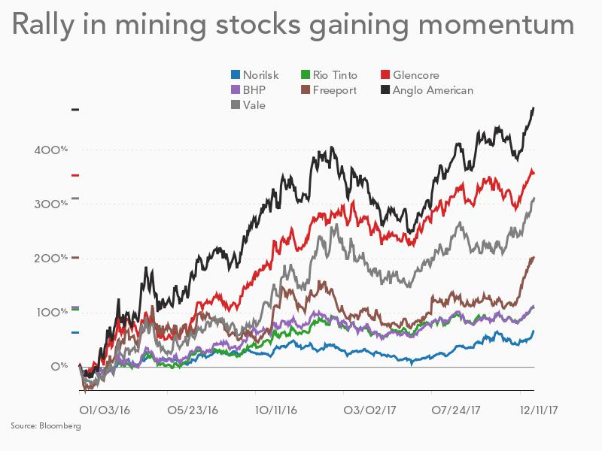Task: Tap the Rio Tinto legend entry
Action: pos(329,75)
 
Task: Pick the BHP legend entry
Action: pos(249,90)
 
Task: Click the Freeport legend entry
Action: pos(329,90)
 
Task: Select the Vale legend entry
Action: pos(248,105)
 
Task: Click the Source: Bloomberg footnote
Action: pos(46,426)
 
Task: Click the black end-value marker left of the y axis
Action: pos(75,110)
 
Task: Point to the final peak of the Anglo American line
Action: pos(533,108)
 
